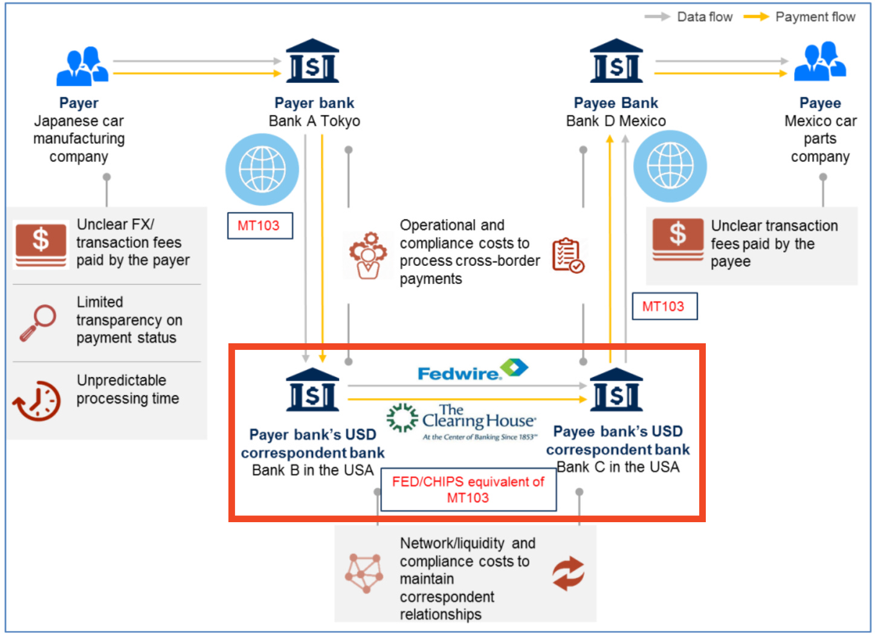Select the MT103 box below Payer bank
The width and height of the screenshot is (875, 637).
coord(260,225)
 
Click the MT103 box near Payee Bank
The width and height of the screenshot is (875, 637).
coord(664,306)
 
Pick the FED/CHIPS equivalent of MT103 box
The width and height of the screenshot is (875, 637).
coord(468,490)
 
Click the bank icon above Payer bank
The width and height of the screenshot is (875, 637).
coord(312,61)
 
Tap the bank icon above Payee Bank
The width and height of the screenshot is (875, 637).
coord(616,61)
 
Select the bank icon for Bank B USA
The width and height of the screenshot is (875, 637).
coord(312,390)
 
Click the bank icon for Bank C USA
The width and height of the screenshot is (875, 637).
coord(616,390)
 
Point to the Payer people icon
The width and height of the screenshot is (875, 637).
coord(82,66)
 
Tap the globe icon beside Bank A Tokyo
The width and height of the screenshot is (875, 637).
coord(262,169)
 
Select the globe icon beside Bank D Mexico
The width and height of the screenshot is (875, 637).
coord(670,166)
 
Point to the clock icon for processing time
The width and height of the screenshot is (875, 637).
coord(37,400)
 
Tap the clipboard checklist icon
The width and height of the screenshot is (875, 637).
coord(567,255)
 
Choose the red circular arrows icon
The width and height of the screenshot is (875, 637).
coord(568,573)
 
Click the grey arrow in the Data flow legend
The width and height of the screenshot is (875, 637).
coord(657,17)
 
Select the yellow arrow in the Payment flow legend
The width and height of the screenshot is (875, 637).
coord(755,17)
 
